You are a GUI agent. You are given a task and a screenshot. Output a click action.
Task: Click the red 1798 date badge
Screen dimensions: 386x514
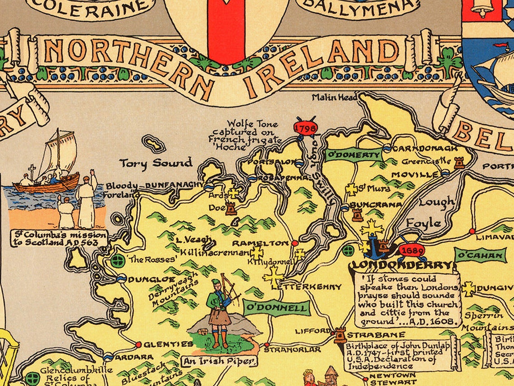coord(305,128)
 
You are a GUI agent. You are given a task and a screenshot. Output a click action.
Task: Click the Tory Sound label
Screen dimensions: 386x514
coord(156,163)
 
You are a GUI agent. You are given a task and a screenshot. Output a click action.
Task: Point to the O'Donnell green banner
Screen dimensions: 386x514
coord(277,308)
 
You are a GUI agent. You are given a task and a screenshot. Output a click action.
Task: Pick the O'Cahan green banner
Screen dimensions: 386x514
coord(480,256)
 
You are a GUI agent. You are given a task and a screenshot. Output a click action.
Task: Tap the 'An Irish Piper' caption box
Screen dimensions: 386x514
coord(218,361)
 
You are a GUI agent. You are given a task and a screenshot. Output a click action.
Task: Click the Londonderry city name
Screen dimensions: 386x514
coord(401,265)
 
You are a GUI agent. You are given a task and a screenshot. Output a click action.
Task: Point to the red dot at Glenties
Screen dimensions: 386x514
coord(138,344)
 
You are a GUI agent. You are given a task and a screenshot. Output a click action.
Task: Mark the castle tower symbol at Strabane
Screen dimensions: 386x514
coord(340,335)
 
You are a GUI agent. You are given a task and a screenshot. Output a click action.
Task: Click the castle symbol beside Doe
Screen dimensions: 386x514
coord(231,209)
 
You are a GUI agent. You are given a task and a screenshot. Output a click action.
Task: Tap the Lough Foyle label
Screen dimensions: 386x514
coord(431,212)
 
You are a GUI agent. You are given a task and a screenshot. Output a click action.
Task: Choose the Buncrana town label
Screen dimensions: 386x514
coord(375,205)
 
